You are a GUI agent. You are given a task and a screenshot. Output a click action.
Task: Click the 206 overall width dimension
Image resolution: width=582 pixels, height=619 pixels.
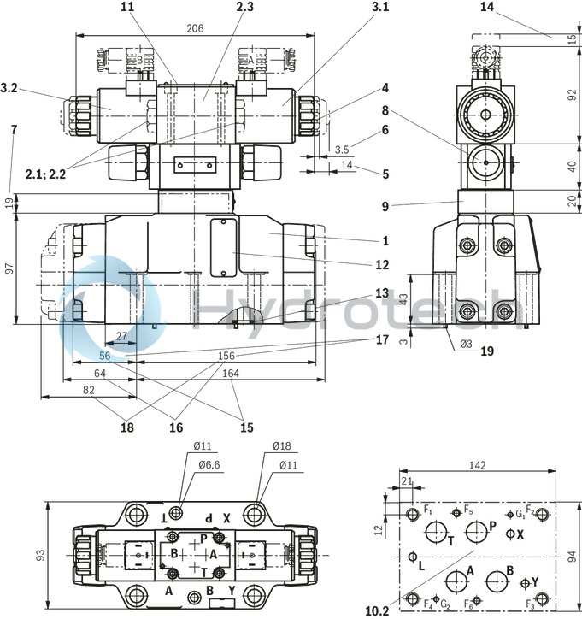click(x=195, y=28)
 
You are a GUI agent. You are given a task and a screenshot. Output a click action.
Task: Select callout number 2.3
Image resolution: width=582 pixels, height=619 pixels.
click(x=221, y=7)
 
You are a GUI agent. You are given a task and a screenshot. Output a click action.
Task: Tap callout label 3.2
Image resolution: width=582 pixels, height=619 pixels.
click(x=10, y=87)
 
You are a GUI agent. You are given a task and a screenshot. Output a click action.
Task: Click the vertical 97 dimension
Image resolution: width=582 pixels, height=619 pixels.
click(x=9, y=268)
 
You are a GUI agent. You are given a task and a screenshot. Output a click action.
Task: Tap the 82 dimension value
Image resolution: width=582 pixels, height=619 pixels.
click(x=88, y=390)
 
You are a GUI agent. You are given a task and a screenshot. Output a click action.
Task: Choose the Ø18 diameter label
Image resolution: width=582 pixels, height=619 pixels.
click(x=282, y=446)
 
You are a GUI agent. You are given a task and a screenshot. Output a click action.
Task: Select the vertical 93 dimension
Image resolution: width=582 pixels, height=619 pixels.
click(x=39, y=556)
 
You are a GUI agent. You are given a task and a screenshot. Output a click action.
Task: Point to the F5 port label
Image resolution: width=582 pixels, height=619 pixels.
click(x=468, y=510)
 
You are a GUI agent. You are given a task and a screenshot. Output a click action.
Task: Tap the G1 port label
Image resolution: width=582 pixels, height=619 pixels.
click(x=520, y=513)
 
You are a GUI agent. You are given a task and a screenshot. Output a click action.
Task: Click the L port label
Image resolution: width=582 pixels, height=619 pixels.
click(x=420, y=565)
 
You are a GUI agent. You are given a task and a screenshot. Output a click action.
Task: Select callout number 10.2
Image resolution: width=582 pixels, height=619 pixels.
click(x=377, y=610)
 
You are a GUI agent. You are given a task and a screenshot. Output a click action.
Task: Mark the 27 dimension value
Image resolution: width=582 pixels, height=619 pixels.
click(x=121, y=337)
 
